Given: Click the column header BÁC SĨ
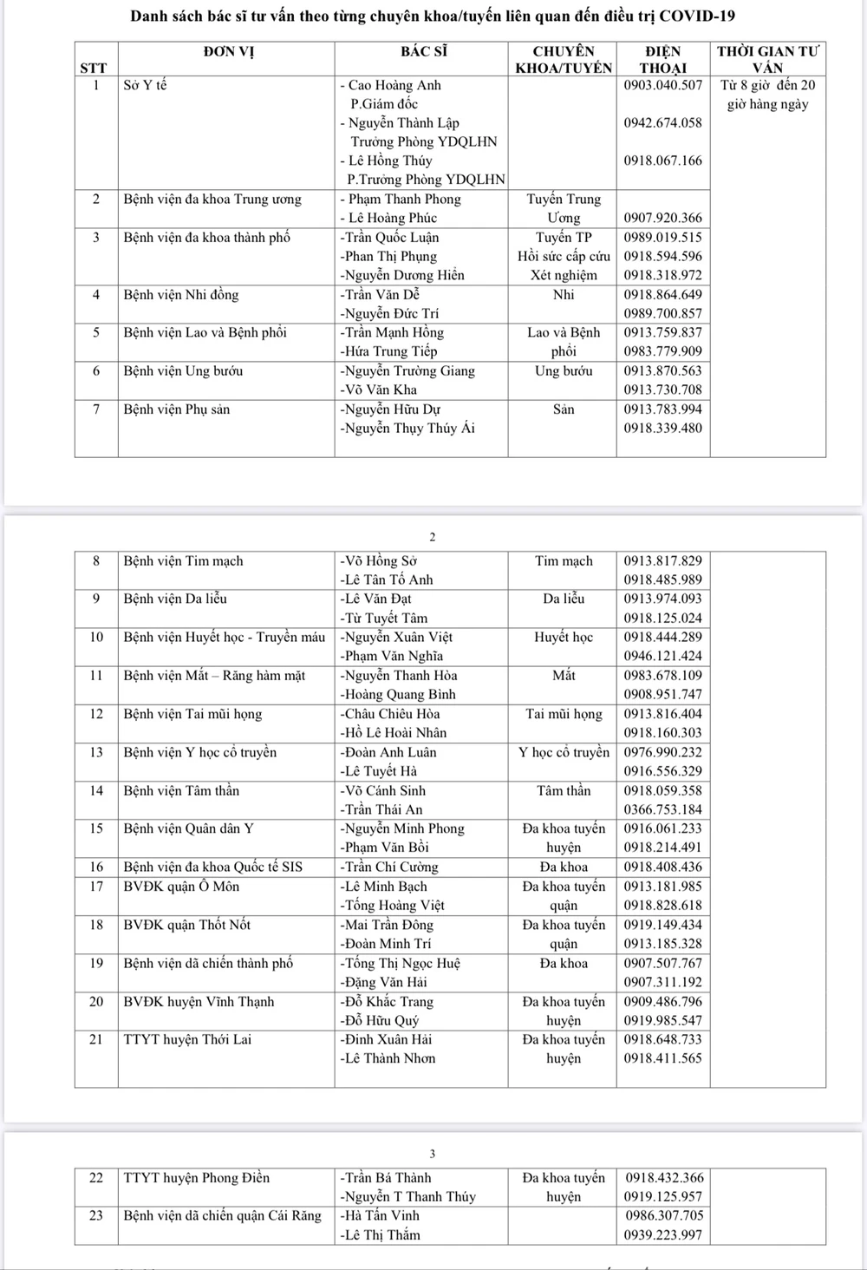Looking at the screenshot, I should [x=423, y=52].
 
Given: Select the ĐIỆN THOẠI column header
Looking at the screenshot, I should [x=663, y=60].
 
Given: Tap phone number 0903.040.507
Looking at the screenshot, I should [x=663, y=85].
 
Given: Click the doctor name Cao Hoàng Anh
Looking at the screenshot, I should [x=394, y=85].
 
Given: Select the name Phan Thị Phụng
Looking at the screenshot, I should [x=388, y=257].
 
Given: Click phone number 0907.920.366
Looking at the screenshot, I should [x=663, y=219].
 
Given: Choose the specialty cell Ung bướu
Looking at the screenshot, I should [x=564, y=371].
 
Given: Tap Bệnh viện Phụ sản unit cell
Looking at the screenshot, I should [x=176, y=409].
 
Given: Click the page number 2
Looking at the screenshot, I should [x=433, y=537].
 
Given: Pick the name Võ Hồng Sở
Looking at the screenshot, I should [x=379, y=561].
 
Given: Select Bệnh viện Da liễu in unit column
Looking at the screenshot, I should [x=175, y=599].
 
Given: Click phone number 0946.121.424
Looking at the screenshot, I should [x=663, y=657].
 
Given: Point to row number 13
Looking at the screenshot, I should [x=96, y=752].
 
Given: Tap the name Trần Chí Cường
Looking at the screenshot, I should [x=389, y=867].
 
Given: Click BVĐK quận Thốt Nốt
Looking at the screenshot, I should [x=186, y=925].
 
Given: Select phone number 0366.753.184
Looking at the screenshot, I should [x=663, y=809].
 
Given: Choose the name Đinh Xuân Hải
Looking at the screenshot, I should [x=386, y=1039].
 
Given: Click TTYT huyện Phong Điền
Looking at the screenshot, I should [x=196, y=1178].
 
